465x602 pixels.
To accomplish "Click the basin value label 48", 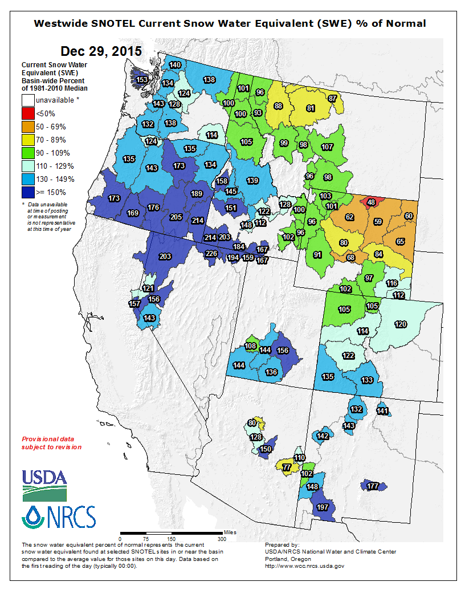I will (x=371, y=202).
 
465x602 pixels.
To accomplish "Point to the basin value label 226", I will (x=211, y=254).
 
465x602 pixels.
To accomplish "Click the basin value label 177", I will (x=373, y=486).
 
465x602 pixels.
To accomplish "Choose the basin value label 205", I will (x=176, y=217).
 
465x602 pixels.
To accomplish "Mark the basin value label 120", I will (x=401, y=324).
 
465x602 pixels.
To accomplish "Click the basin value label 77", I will (x=287, y=467).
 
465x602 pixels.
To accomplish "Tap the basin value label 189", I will (x=197, y=194).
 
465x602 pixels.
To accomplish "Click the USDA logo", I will (x=44, y=483).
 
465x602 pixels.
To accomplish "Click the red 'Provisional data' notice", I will (x=51, y=443).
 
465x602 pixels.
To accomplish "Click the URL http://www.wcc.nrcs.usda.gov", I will (x=305, y=566).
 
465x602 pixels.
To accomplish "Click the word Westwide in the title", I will (x=62, y=23).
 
